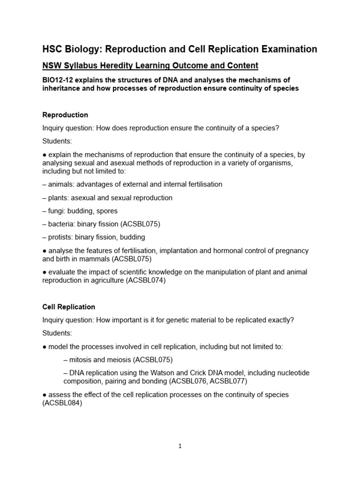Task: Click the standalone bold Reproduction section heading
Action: [65, 115]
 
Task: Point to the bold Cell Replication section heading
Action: [68, 307]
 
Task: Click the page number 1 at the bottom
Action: [180, 446]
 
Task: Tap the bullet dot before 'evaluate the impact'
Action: [44, 272]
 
